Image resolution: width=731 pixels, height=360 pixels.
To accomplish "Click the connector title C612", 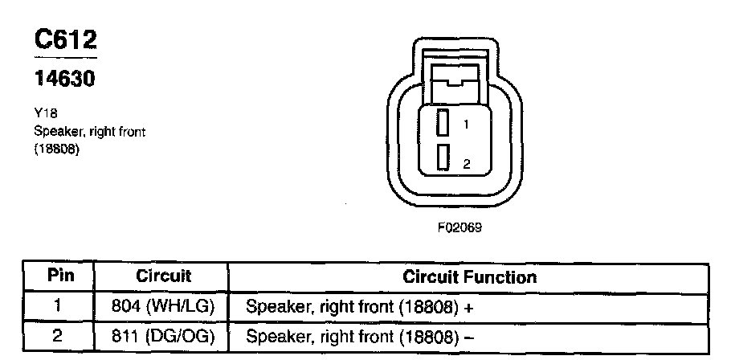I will (67, 41).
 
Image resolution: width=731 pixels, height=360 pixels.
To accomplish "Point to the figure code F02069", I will (459, 227).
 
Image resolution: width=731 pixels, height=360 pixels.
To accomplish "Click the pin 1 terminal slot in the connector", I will (442, 123).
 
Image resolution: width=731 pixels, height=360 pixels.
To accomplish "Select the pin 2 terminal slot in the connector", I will (442, 157).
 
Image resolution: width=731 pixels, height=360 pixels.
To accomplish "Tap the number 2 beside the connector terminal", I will (466, 164).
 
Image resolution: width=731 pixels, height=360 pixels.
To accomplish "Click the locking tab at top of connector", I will (454, 76).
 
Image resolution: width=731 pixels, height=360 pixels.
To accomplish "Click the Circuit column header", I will (163, 276).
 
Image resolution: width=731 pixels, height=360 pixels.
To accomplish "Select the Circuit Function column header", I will (469, 277).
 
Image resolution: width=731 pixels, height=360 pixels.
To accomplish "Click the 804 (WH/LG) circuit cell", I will (163, 306).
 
